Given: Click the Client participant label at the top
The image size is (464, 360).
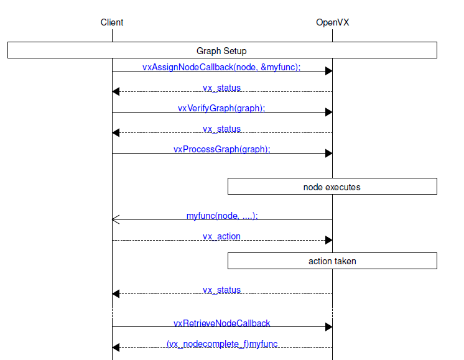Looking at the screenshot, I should pos(112,22).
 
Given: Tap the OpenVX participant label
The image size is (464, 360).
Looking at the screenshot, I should pos(332,22).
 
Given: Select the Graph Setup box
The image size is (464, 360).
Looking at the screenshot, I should pos(222,50).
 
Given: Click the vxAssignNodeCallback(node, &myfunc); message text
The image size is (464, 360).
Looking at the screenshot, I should pos(221,67).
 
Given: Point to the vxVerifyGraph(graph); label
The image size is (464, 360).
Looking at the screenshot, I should pos(221,108).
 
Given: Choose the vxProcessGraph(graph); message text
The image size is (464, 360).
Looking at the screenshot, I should pos(221,149).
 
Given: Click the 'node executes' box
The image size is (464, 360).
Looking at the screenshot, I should pos(332,187).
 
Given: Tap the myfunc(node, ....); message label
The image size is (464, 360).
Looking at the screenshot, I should pos(221,216).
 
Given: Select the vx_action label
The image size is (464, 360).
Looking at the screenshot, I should pos(221,236).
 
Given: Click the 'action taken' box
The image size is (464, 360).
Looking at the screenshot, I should pos(332,261).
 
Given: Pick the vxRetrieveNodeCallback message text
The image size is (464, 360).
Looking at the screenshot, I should pos(221,323).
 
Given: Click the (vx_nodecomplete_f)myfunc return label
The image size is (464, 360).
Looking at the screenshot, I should pos(221,343).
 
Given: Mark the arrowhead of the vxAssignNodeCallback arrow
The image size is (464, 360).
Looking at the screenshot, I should pos(328,71).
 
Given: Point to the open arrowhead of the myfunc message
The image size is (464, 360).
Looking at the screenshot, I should pos(116,219).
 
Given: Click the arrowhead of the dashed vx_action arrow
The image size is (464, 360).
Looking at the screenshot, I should pos(328,240).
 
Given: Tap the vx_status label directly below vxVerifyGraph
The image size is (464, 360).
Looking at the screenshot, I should pos(221,129).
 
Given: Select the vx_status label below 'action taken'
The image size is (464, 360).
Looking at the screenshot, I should pos(221,290).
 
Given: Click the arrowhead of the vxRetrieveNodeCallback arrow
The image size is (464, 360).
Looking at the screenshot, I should pos(328,326).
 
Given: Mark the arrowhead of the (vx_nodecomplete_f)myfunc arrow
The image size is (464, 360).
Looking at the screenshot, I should pos(116,347).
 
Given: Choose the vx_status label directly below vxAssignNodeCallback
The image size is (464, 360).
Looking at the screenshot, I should pos(221,88).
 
